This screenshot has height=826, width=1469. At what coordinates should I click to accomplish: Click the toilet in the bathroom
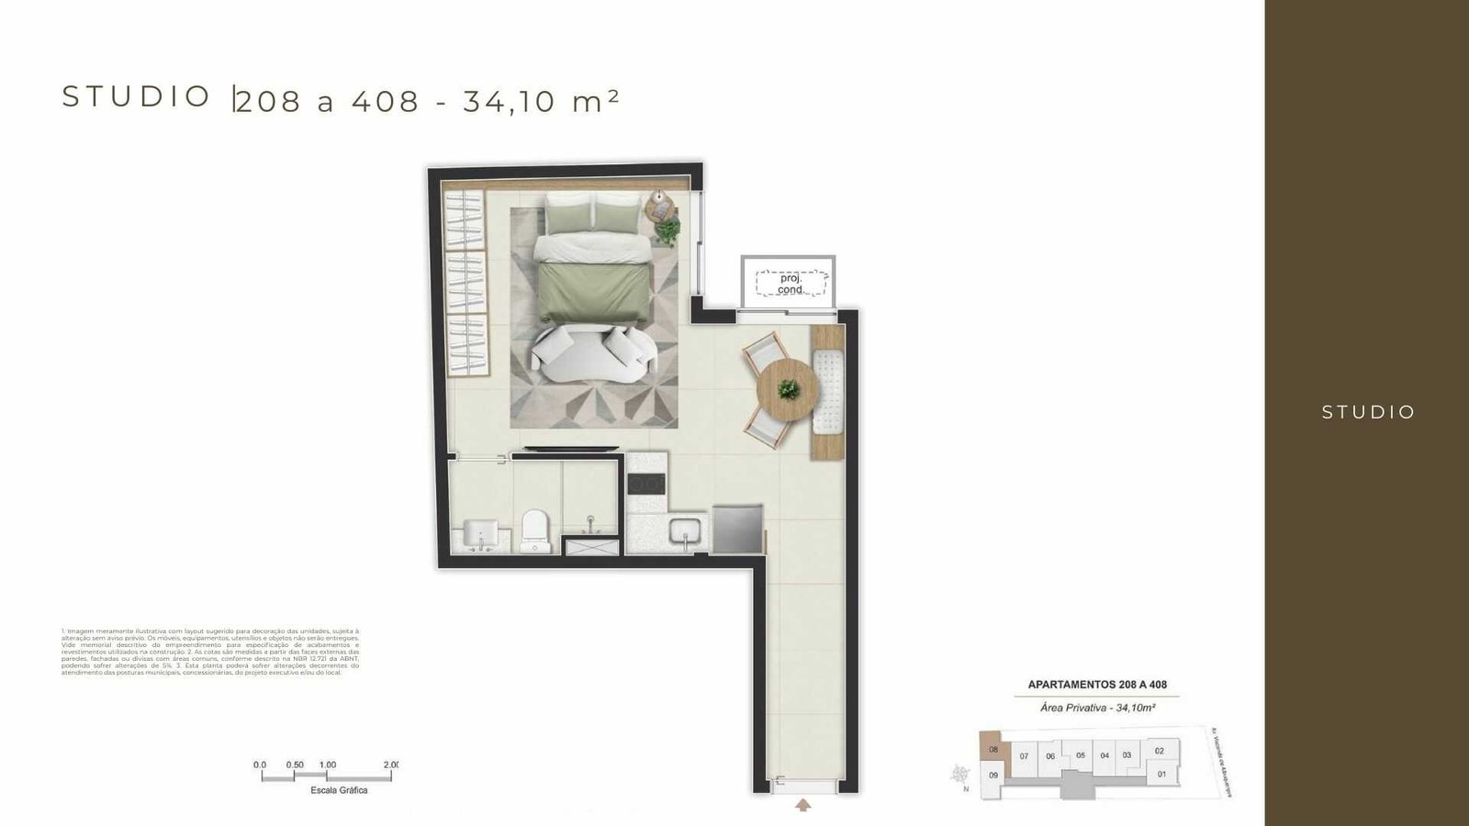tap(533, 531)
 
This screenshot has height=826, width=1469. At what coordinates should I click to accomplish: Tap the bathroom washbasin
tap(480, 534)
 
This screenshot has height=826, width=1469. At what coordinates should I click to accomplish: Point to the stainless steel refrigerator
tap(737, 529)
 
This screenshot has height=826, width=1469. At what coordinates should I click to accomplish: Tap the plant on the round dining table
tap(787, 389)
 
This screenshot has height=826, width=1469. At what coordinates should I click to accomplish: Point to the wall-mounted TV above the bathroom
tap(565, 449)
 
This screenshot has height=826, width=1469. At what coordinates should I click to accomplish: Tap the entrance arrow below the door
tap(803, 806)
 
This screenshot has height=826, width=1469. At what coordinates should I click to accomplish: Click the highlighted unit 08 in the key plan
tap(992, 749)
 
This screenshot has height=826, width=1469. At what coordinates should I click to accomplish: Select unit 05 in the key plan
tap(1081, 755)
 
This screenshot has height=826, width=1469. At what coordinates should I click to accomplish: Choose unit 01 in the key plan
tap(1161, 774)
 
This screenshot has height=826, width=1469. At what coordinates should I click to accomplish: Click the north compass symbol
tap(961, 774)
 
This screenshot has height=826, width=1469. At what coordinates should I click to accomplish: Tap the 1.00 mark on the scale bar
tap(328, 765)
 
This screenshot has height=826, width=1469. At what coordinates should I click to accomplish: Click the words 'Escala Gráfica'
tap(339, 790)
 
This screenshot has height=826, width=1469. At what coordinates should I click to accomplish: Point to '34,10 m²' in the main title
tap(541, 101)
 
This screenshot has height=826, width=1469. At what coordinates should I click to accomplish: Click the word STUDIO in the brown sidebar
tap(1368, 413)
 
